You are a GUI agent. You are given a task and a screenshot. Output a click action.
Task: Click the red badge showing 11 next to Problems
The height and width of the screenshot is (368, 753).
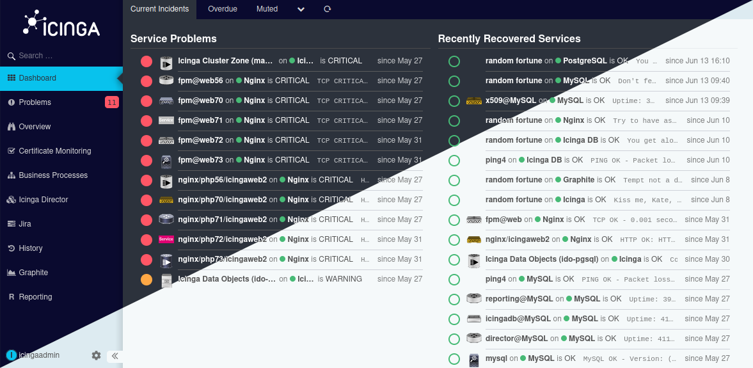click(x=111, y=102)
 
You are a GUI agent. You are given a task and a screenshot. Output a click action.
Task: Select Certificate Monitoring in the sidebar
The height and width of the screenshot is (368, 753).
click(x=54, y=151)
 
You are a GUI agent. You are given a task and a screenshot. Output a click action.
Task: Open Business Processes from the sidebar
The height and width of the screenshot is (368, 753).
click(x=53, y=175)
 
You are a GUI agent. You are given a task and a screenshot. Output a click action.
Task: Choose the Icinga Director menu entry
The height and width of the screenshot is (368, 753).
click(x=43, y=200)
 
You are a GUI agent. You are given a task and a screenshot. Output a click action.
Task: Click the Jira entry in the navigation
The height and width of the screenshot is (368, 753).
click(x=25, y=224)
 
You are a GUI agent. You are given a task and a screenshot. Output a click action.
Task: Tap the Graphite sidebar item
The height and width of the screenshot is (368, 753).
click(x=33, y=273)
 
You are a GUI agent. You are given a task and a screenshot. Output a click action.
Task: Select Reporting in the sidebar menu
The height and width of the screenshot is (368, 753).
click(x=35, y=297)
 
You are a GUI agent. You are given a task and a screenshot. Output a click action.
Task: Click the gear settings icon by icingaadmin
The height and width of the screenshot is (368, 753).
click(x=96, y=355)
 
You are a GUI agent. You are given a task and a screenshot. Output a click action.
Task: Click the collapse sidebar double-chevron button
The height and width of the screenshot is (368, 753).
click(x=115, y=356)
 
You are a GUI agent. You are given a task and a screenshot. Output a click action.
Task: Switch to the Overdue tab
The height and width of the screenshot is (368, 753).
click(x=223, y=9)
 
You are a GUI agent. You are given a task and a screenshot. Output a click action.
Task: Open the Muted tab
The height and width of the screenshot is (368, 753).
click(x=267, y=9)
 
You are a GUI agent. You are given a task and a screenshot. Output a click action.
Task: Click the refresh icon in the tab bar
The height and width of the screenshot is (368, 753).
click(x=328, y=9)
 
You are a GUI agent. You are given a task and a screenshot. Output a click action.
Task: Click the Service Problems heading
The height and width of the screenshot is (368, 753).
click(x=173, y=39)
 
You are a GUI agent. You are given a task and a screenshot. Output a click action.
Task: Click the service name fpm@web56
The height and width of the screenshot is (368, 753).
click(x=200, y=81)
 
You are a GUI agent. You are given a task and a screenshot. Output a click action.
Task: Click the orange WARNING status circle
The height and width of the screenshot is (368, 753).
click(x=147, y=280)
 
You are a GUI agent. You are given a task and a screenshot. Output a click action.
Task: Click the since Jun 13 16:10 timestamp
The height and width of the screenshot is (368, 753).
click(x=697, y=61)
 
